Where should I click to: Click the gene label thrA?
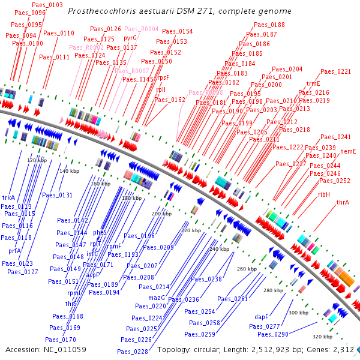(x=343, y=202)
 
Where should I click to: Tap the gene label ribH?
(x=324, y=194)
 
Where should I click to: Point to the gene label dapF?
(x=261, y=316)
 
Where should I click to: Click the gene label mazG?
(x=156, y=298)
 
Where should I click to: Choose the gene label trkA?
(x=8, y=197)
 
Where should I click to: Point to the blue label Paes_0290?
(x=273, y=334)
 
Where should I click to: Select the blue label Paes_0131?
(x=57, y=195)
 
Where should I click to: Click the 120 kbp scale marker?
(x=37, y=160)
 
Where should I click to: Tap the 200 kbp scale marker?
(x=161, y=214)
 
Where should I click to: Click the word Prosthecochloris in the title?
(x=98, y=11)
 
